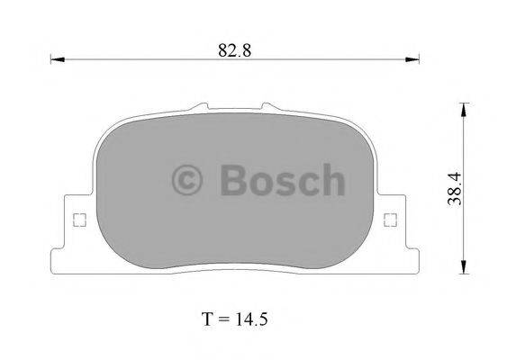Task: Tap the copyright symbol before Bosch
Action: (x=187, y=179)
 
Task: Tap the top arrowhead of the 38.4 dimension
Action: (x=464, y=109)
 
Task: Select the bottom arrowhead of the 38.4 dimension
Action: (x=464, y=266)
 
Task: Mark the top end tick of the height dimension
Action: (x=464, y=102)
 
